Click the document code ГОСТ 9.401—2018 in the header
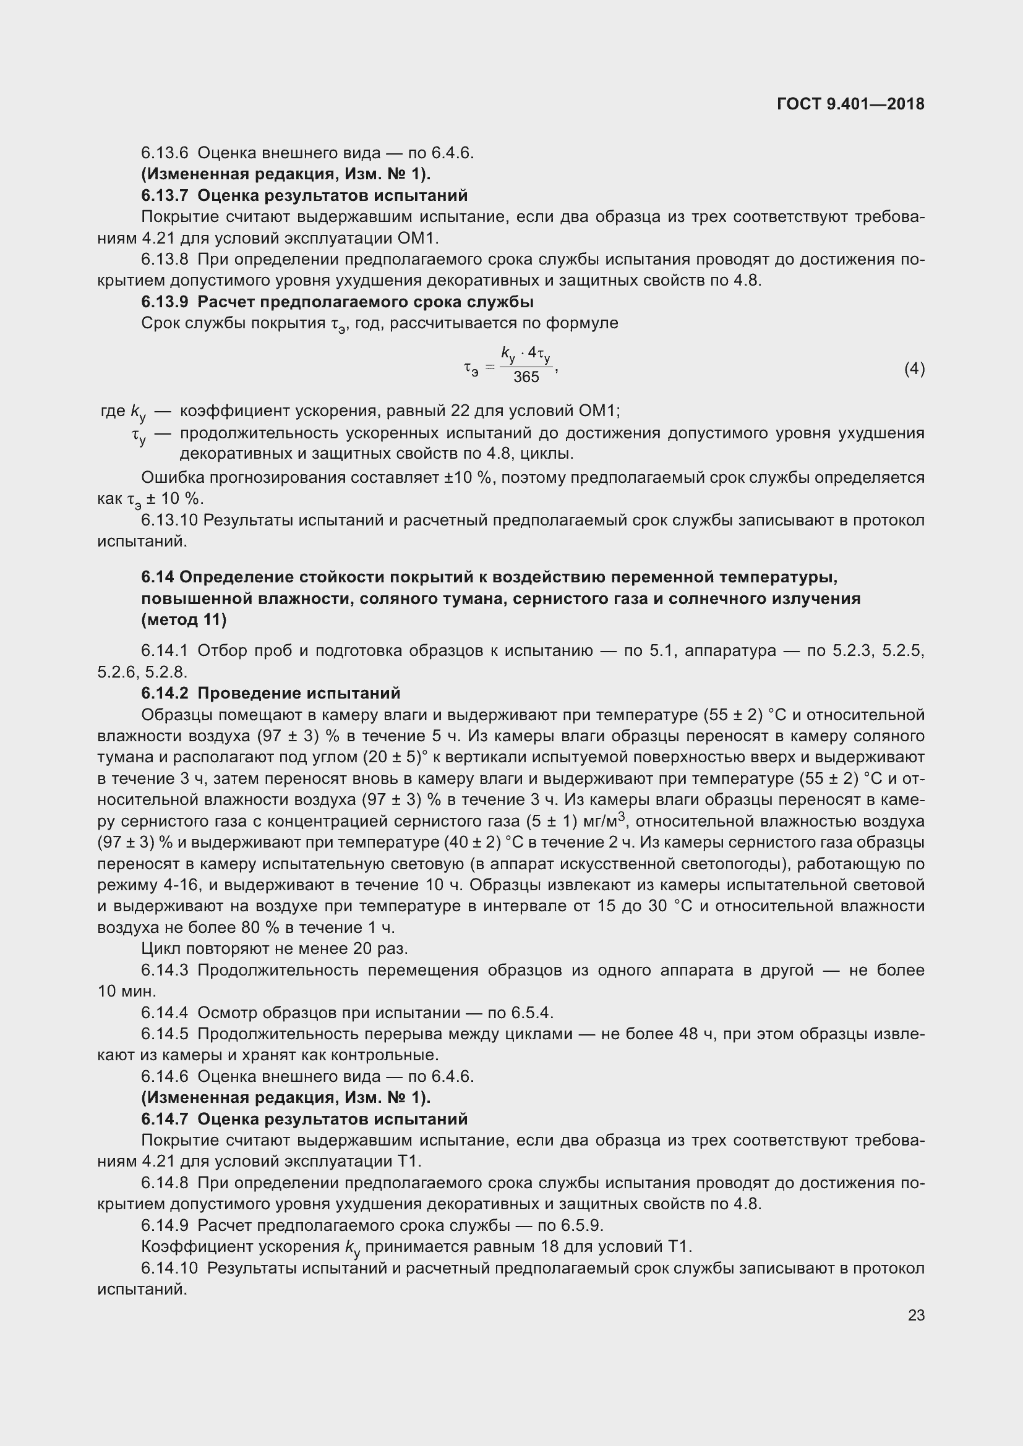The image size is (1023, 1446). pyautogui.click(x=850, y=104)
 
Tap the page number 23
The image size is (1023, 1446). pyautogui.click(x=916, y=1315)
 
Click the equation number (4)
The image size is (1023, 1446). pyautogui.click(x=914, y=368)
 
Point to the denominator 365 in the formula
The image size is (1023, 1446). pyautogui.click(x=526, y=377)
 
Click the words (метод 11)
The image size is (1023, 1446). pyautogui.click(x=184, y=619)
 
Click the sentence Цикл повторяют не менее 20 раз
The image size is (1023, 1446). pyautogui.click(x=275, y=948)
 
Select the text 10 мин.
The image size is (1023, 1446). pyautogui.click(x=126, y=991)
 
